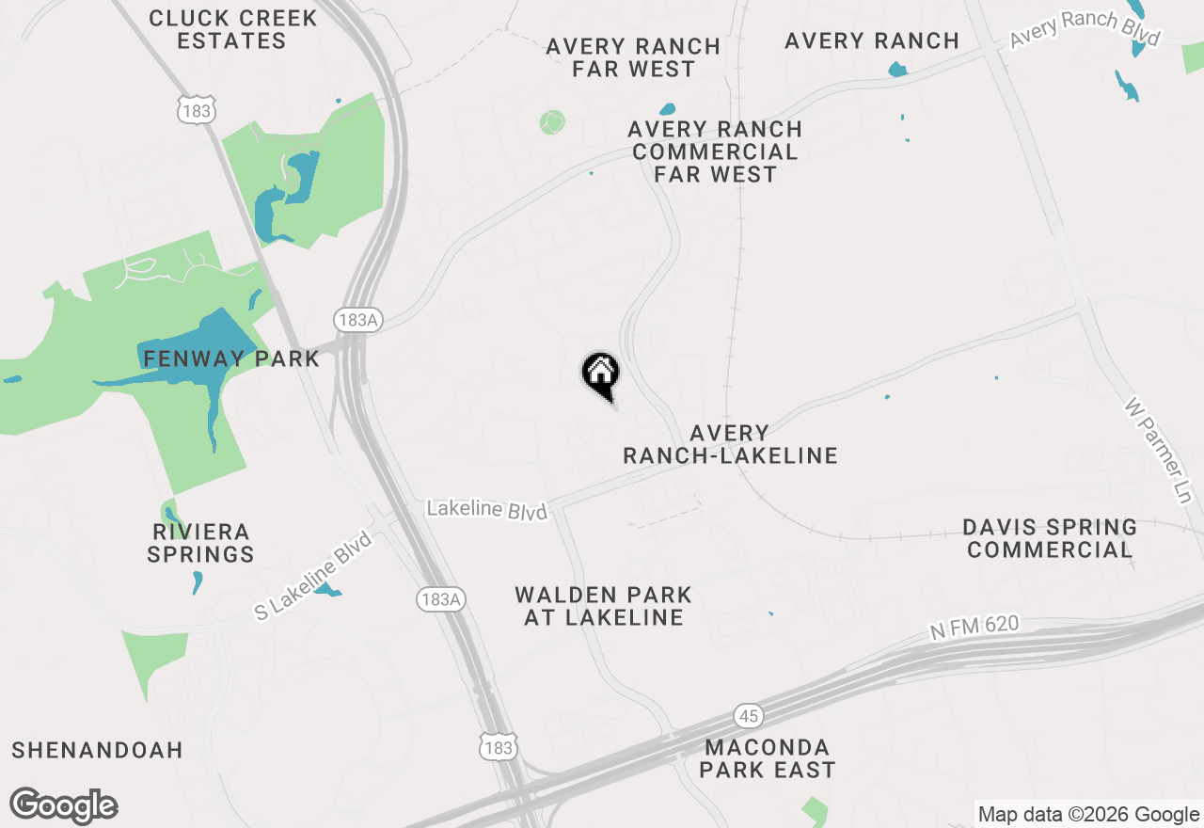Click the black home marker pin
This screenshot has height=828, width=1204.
[x=600, y=374]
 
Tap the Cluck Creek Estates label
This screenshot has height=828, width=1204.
[x=231, y=29]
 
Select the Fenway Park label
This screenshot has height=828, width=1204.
[x=231, y=358]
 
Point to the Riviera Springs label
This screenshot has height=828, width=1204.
[x=200, y=543]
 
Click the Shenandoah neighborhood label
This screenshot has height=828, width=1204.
[x=97, y=750]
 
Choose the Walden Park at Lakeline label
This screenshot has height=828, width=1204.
[x=603, y=606]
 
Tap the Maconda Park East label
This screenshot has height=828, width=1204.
[x=768, y=758]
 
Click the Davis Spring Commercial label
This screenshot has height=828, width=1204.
[x=1050, y=538]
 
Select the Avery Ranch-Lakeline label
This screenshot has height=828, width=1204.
[x=730, y=444]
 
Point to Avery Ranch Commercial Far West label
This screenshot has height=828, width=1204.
[x=715, y=151]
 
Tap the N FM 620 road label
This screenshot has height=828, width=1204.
[x=974, y=628]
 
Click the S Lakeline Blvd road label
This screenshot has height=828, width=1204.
[x=313, y=574]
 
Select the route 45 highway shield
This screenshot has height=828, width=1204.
[x=749, y=717]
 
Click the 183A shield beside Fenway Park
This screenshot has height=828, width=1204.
[x=357, y=320]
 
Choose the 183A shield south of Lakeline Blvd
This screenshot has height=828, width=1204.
[x=441, y=598]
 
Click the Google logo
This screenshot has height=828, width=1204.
[x=64, y=806]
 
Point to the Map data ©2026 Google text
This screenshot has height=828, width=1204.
[x=1088, y=815]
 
